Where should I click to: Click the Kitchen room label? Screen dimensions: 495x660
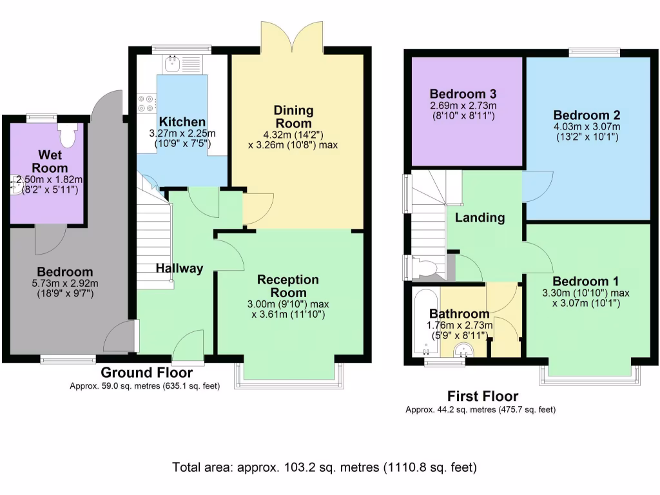point(182,122)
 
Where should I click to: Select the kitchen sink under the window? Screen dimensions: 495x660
point(173,63)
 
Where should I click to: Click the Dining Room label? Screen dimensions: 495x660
point(293,117)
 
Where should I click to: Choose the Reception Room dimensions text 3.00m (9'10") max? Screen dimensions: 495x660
point(288,304)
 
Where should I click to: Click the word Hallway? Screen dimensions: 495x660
point(179,268)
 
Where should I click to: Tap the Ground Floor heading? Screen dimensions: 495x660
point(146,373)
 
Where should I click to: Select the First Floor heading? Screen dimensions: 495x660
point(483,396)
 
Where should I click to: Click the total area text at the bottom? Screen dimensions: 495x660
point(324,467)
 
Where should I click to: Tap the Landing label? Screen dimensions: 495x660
point(480,218)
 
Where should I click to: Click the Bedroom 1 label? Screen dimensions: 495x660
point(586,281)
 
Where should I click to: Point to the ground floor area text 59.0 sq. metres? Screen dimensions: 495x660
point(145,386)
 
